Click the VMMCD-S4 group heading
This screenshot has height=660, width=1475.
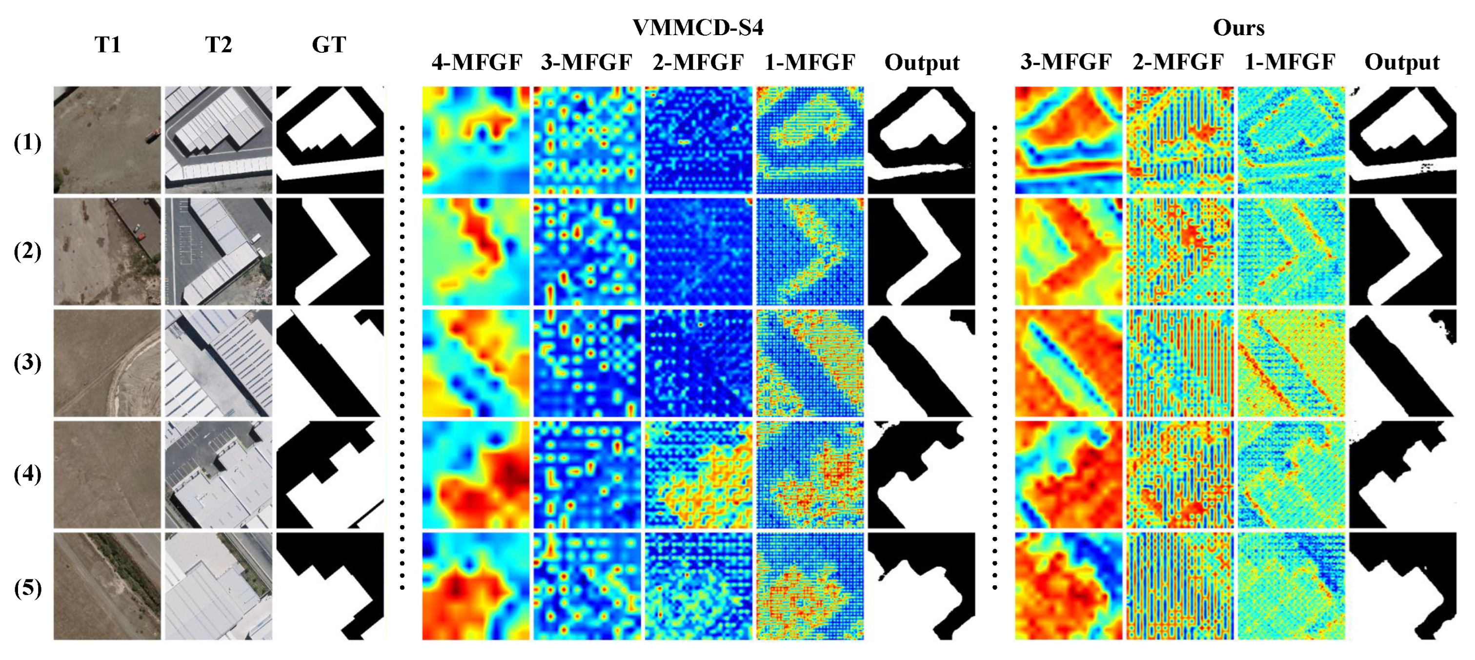click(697, 27)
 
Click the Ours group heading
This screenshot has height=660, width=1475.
click(1238, 27)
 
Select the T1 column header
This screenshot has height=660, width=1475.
click(108, 45)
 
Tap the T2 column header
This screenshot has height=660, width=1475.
click(219, 45)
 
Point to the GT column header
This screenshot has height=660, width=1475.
click(329, 45)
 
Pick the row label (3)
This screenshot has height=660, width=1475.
click(27, 362)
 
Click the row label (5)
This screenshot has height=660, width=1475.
click(27, 588)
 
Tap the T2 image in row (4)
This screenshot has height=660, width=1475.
click(219, 474)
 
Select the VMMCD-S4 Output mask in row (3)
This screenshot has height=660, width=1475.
click(921, 363)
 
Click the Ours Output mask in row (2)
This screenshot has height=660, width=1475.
click(1402, 251)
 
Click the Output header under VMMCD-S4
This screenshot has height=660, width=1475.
click(922, 62)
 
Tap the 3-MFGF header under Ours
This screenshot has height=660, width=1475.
click(1066, 62)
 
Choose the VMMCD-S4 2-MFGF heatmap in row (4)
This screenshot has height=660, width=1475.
click(699, 474)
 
